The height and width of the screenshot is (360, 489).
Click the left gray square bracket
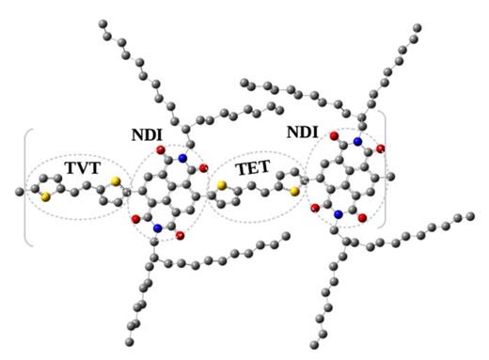tap(27, 187)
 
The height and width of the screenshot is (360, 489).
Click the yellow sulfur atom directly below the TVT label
tap(45, 198)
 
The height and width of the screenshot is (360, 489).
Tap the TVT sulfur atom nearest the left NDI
tap(114, 180)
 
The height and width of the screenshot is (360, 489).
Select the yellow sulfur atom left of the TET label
tap(221, 186)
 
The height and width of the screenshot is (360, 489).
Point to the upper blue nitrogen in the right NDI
tap(358, 143)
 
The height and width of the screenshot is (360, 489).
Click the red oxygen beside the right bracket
tap(380, 149)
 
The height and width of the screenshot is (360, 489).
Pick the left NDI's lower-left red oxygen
tap(134, 218)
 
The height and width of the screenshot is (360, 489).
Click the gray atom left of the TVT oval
tap(20, 193)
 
